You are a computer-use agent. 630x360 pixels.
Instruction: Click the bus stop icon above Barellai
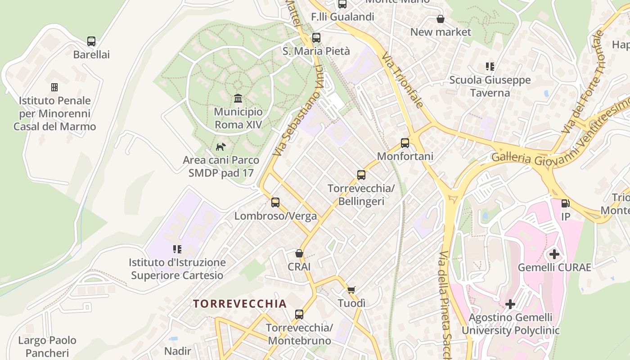click(91, 41)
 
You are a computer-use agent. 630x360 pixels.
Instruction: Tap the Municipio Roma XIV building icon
click(238, 98)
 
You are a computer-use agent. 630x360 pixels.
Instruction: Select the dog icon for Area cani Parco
click(220, 147)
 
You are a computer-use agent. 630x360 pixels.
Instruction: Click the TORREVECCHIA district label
click(240, 304)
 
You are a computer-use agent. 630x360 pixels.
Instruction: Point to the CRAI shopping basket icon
click(299, 254)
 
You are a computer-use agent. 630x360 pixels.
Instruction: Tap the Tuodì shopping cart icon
click(351, 290)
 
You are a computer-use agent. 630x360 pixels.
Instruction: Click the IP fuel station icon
click(566, 203)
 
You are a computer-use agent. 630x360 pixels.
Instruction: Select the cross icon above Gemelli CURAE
click(554, 254)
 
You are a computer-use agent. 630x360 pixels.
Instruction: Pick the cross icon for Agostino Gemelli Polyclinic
click(510, 305)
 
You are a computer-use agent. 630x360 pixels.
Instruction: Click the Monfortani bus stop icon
click(405, 143)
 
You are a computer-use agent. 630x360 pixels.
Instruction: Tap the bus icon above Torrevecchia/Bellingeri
click(361, 175)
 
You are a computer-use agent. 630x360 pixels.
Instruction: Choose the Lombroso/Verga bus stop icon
click(275, 202)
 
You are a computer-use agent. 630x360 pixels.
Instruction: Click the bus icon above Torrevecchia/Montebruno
click(299, 315)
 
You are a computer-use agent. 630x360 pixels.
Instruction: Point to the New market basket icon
click(440, 19)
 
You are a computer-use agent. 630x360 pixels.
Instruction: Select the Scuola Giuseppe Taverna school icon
click(490, 67)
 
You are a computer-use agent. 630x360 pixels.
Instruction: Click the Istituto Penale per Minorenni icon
click(54, 87)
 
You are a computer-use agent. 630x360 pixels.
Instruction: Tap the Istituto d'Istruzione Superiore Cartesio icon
click(177, 249)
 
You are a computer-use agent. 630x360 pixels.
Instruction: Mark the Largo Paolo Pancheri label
click(47, 346)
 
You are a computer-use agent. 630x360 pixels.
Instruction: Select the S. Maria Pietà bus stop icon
click(316, 38)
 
